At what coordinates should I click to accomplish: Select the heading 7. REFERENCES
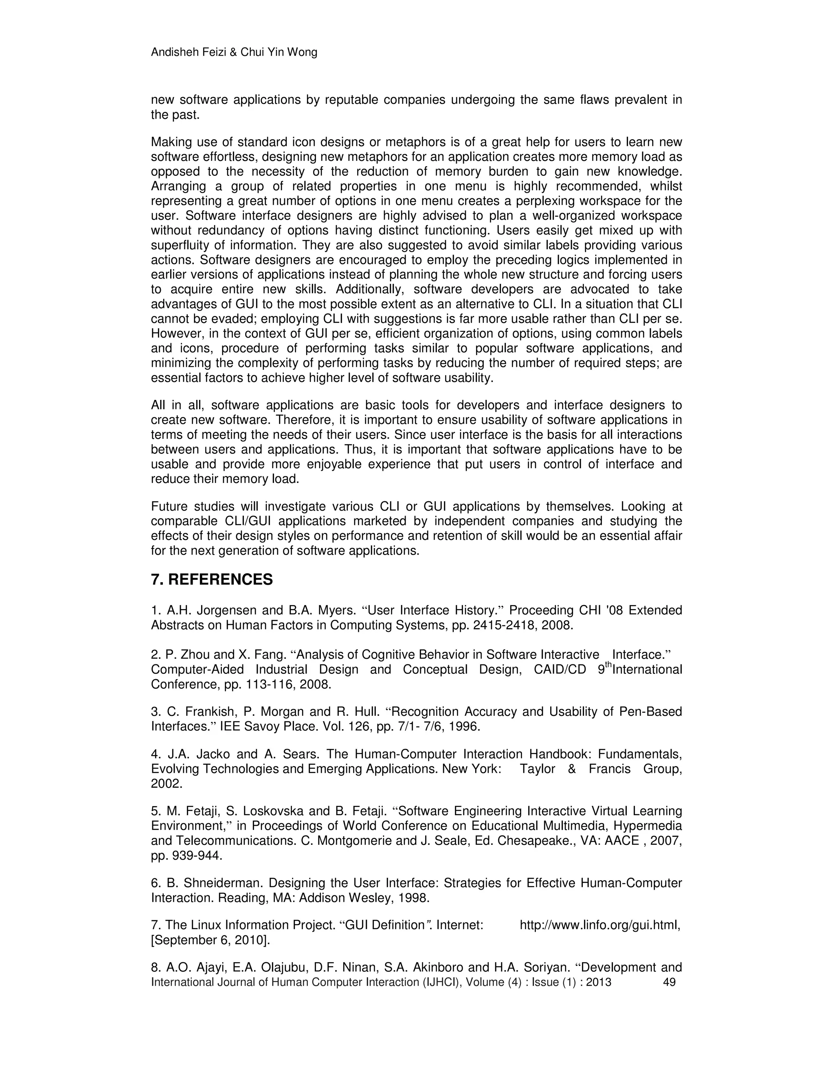[x=211, y=579]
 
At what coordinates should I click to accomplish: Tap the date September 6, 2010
[x=211, y=940]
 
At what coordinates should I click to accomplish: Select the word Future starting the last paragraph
[x=169, y=507]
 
